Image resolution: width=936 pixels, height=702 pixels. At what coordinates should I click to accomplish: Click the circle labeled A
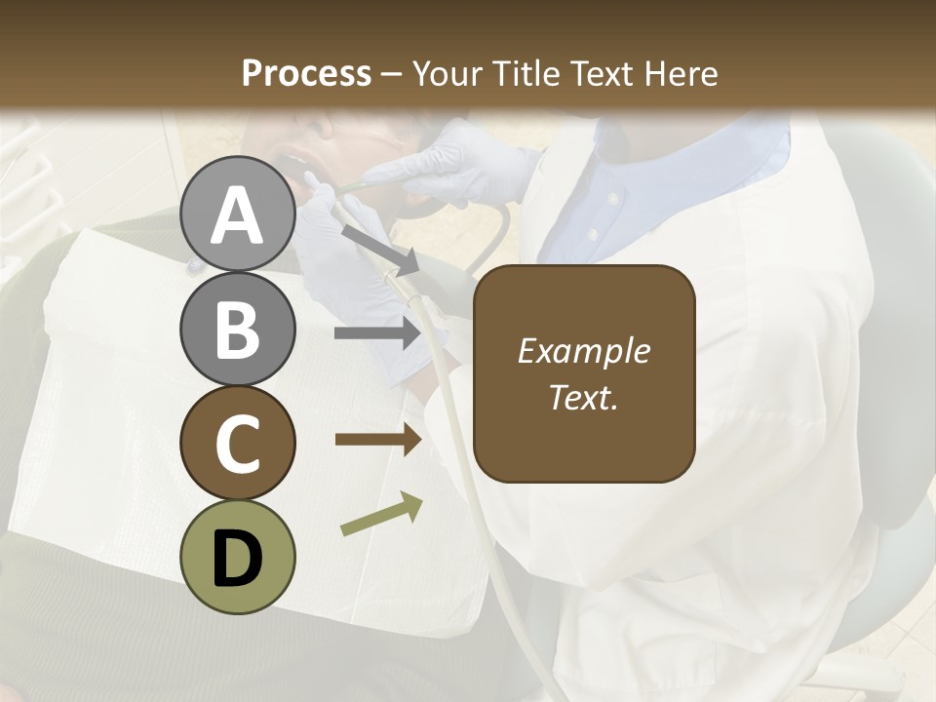coord(238,214)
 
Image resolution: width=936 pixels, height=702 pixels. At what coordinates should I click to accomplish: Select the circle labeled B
coord(238,329)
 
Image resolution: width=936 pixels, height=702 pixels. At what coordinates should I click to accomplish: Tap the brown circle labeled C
coord(238,443)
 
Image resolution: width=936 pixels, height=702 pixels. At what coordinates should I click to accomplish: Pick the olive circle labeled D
coord(238,557)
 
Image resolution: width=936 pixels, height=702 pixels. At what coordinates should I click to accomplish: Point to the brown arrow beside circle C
coord(378,440)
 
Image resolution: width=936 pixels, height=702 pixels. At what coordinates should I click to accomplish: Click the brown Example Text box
coord(584,374)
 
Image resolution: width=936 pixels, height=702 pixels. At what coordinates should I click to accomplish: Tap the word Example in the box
coord(584,351)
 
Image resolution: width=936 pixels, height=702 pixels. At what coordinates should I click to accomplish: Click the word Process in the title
coord(306,73)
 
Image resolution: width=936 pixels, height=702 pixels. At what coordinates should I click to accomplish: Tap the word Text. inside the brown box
coord(584,398)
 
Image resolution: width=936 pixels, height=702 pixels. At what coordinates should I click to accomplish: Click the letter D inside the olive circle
coord(238,559)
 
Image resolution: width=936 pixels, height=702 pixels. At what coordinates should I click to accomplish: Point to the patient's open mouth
coord(293,161)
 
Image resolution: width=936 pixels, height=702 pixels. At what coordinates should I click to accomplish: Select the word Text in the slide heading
coord(602,73)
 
